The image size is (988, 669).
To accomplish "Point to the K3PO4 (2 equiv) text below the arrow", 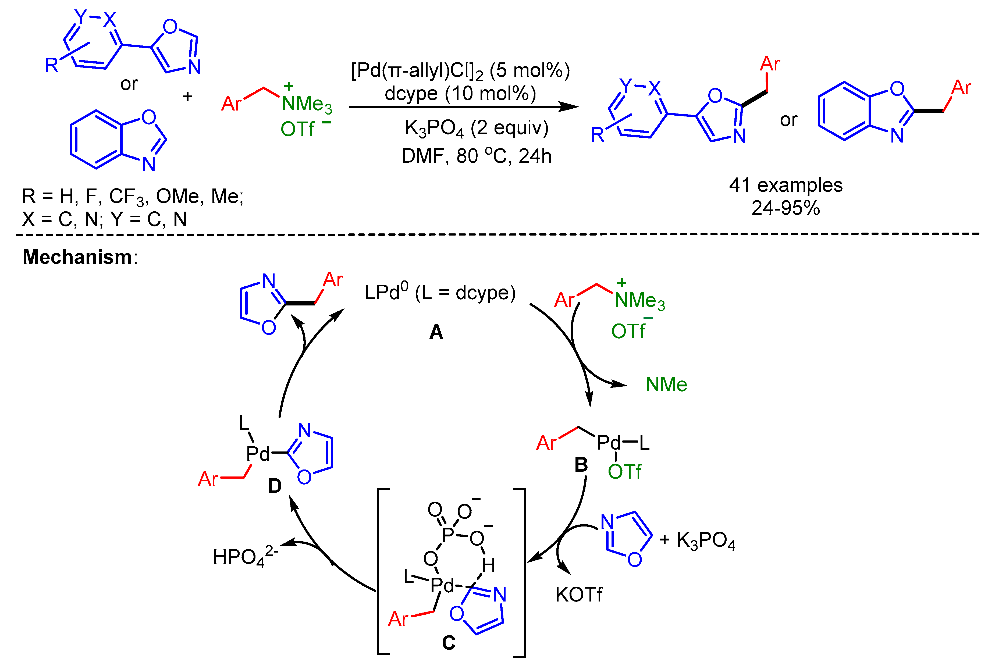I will point(476,128).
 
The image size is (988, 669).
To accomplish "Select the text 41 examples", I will point(785,185).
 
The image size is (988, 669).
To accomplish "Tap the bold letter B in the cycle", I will point(581,465).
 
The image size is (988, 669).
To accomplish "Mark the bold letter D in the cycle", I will point(275,486).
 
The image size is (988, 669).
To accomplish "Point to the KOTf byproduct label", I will point(579,595).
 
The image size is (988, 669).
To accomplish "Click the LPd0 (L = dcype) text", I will point(440,293).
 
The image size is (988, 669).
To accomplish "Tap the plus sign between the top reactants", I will point(187,97).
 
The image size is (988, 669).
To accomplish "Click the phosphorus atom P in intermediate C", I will point(448,534).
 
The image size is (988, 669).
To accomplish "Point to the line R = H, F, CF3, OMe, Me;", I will point(133,196).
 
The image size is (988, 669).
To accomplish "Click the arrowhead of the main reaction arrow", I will point(570,107).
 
